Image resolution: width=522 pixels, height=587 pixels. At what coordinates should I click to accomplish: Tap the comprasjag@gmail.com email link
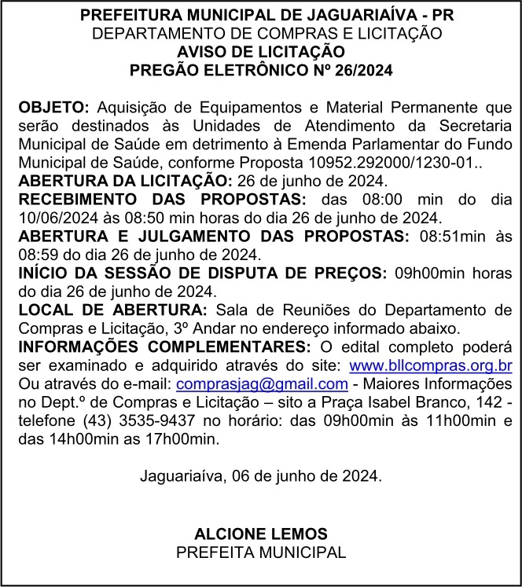[x=262, y=383]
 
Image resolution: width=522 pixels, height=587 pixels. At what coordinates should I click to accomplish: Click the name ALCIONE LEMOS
[x=260, y=534]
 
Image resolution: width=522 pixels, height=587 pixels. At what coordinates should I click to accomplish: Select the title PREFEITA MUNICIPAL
[x=260, y=552]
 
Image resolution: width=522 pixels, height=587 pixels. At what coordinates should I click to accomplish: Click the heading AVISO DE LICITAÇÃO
[x=260, y=52]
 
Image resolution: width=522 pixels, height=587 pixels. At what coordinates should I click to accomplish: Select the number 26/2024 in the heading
[x=358, y=70]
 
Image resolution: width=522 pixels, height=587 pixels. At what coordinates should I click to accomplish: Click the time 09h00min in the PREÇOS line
[x=432, y=273]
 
